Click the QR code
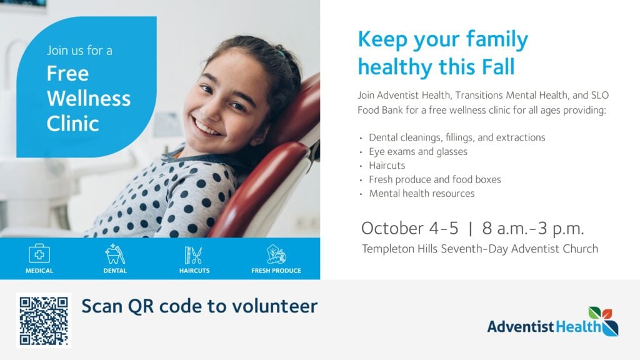[x=44, y=321]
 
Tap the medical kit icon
[x=39, y=254]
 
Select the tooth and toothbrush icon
[x=115, y=254]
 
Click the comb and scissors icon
[x=194, y=255]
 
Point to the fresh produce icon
[x=276, y=254]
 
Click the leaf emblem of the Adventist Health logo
[x=603, y=321]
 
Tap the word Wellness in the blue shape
[x=89, y=98]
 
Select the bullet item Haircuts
[x=387, y=165]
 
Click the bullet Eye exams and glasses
[x=418, y=151]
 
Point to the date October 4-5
[x=410, y=228]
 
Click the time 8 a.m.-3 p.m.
[x=533, y=229]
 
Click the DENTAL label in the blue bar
[x=115, y=271]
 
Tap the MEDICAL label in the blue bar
[x=39, y=271]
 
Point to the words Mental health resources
[x=422, y=194]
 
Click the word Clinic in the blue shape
[x=72, y=123]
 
